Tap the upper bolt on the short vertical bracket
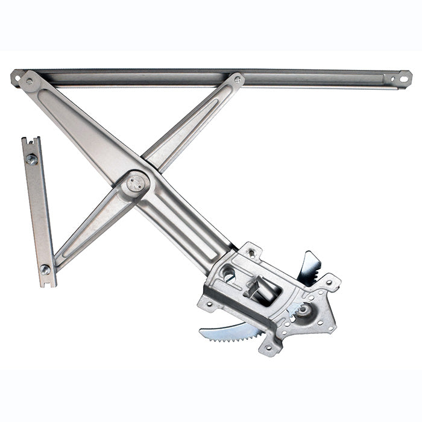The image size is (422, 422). click(31, 159)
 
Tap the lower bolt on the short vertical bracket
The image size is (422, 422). click(45, 269)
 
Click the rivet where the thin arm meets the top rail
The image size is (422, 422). click(238, 78)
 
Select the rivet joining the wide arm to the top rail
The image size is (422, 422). click(29, 81)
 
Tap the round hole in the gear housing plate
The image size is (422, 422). click(228, 275)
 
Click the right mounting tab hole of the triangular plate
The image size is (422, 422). click(331, 281)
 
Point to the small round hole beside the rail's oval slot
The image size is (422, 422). click(391, 78)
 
